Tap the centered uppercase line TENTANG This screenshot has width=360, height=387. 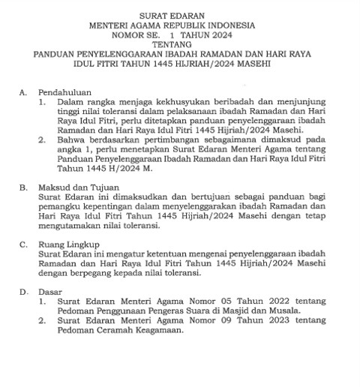click(180, 45)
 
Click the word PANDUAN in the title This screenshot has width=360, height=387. click(55, 55)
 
